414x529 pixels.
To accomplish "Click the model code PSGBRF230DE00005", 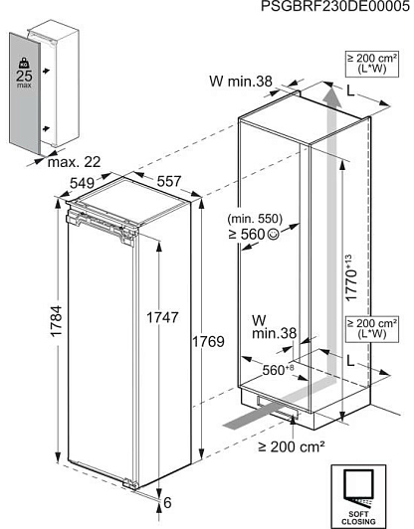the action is pos(335,6).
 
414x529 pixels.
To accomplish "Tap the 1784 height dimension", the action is pos(56,321).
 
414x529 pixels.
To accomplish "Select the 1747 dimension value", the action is pos(162,317).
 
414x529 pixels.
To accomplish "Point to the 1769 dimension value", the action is pos(208,341).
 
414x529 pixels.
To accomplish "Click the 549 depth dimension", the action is pos(82,183).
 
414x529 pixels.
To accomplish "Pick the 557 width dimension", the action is pos(169,182).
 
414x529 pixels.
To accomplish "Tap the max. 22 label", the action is pos(75,162).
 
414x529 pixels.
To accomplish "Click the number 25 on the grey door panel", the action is pos(24,76).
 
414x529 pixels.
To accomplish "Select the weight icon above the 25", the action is pos(24,63).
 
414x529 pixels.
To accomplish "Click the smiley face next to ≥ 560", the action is pos(274,234).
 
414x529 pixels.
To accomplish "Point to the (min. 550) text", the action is pos(255,219).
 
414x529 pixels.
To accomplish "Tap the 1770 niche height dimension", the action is pos(351,277).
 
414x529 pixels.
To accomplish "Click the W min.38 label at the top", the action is pos(241,81).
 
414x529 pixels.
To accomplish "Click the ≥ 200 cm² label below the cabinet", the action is pos(292,446).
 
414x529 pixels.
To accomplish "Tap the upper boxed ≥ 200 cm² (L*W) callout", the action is pos(372,64).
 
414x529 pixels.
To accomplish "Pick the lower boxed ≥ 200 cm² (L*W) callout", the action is pos(372,329).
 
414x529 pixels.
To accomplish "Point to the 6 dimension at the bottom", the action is pos(167,503).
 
